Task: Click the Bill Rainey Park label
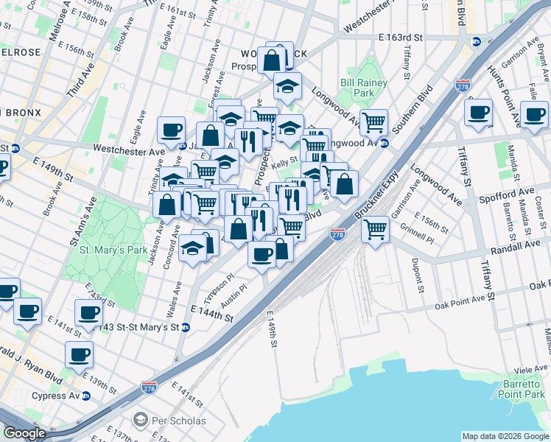point(364,88)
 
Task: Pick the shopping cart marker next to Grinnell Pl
point(375,230)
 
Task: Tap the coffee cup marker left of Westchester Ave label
point(171,130)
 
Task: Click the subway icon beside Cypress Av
point(86,396)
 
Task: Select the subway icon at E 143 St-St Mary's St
point(186,327)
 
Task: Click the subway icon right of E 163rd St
point(477,42)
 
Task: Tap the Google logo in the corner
point(25,433)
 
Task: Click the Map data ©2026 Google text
point(505,436)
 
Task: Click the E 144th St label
point(212,315)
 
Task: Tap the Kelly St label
point(284,159)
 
